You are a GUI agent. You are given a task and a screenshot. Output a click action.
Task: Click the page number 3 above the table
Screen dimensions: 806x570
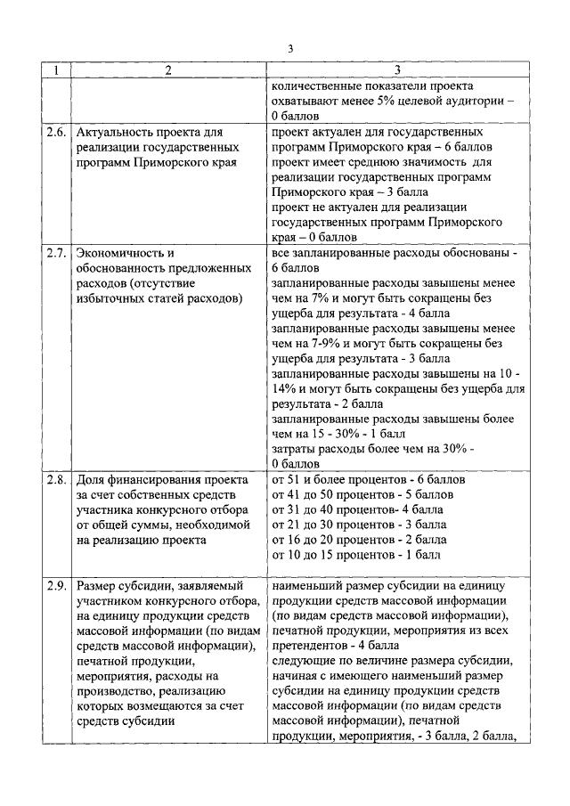coord(290,48)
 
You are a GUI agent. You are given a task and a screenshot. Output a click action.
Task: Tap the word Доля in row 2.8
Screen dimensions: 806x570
coord(93,480)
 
